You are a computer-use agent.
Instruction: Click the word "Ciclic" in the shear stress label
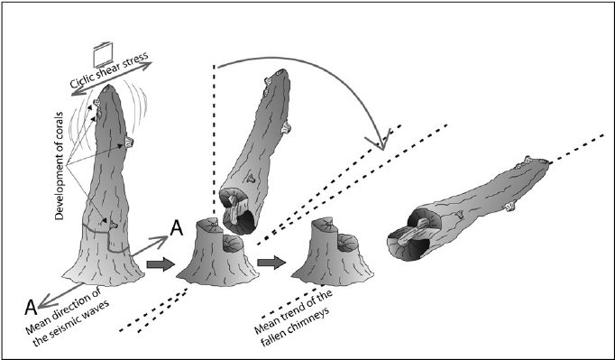tap(81, 80)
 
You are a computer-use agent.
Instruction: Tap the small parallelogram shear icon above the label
tap(103, 54)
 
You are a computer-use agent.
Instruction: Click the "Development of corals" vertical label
tap(59, 166)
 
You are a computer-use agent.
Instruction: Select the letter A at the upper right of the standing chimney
tap(177, 228)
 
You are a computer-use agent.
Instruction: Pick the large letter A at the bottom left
tap(31, 307)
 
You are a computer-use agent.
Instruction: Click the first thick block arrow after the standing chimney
tap(161, 263)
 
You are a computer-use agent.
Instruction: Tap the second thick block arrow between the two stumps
tap(271, 262)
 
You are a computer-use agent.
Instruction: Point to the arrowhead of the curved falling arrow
tap(381, 140)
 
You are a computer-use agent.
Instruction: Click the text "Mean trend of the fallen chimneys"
tap(293, 318)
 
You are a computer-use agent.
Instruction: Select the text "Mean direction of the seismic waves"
tap(67, 314)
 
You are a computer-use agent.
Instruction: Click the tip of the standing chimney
tap(107, 87)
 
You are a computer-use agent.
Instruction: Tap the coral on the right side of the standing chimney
tap(129, 142)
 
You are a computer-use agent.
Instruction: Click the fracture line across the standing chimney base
tap(105, 237)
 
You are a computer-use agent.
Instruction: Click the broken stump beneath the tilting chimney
tap(217, 253)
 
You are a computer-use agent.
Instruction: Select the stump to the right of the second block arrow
tap(333, 253)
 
